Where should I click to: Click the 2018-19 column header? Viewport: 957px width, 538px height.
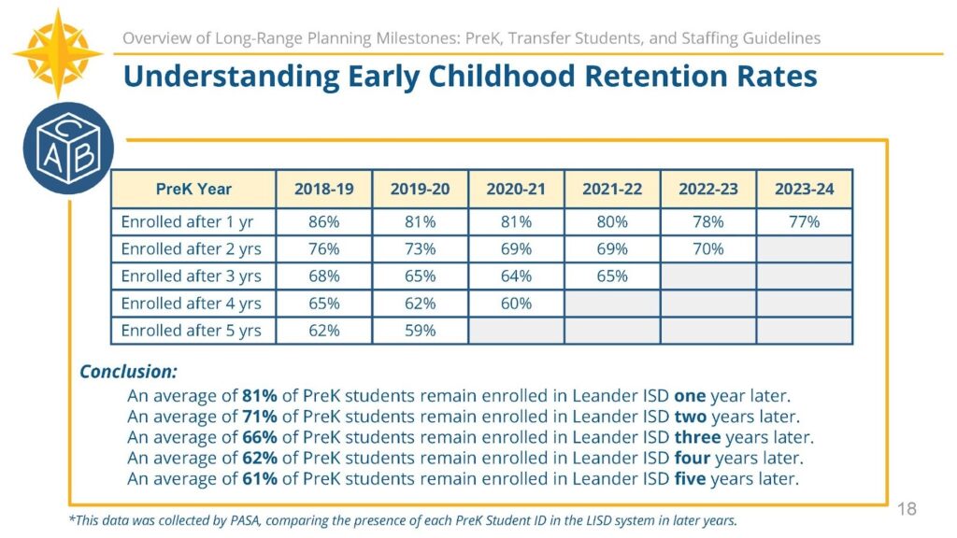(323, 189)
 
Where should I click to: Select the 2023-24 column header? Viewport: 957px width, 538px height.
(804, 189)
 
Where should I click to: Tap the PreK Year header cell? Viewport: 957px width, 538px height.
(193, 189)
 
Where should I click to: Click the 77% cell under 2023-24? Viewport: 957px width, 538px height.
(804, 222)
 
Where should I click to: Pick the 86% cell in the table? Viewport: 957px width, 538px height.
(323, 222)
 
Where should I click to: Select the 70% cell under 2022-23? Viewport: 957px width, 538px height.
(707, 249)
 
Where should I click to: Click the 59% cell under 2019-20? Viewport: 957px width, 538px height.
(420, 331)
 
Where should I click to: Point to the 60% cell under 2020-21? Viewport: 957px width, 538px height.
(516, 304)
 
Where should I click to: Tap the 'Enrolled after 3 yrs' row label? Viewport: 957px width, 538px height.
(191, 276)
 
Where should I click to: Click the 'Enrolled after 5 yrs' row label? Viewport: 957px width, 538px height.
(191, 331)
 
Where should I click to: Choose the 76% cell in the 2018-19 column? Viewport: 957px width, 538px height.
(323, 249)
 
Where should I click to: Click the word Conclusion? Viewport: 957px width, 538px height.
(128, 371)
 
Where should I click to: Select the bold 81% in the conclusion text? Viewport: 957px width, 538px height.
(260, 395)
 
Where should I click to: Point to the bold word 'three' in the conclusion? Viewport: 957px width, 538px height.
(697, 437)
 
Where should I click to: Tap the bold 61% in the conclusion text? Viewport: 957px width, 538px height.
(260, 479)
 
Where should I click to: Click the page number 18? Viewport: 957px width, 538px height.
(907, 509)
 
